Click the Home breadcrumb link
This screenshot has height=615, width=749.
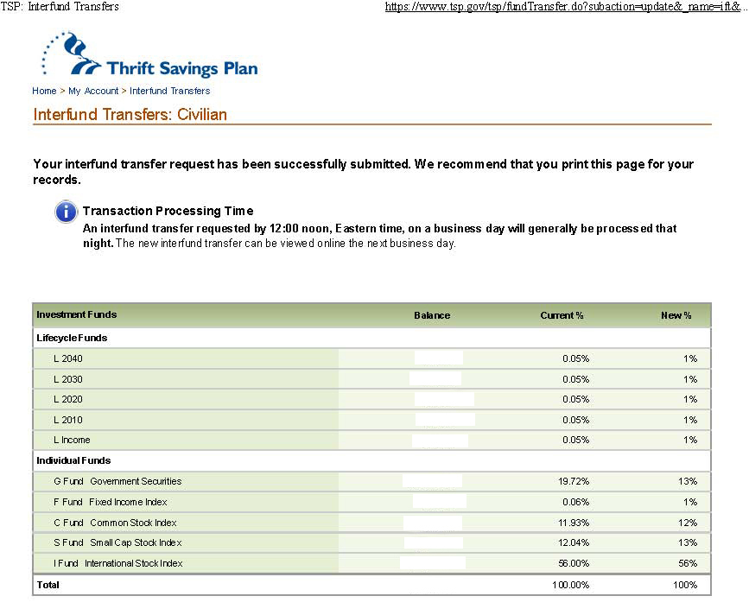[44, 91]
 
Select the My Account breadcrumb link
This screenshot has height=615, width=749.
[93, 91]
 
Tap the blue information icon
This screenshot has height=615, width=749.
[66, 212]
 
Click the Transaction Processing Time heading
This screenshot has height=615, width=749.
[168, 211]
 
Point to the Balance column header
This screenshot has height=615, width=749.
[432, 315]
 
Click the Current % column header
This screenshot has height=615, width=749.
[562, 315]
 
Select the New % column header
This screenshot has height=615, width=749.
[676, 315]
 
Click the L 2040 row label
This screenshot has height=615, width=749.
[68, 358]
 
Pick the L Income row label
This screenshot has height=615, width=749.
[72, 440]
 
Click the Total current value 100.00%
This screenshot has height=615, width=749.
[571, 585]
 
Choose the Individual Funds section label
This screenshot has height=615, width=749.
[73, 460]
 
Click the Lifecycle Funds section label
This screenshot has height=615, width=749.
[72, 338]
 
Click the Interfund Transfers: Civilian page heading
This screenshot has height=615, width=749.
[130, 114]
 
